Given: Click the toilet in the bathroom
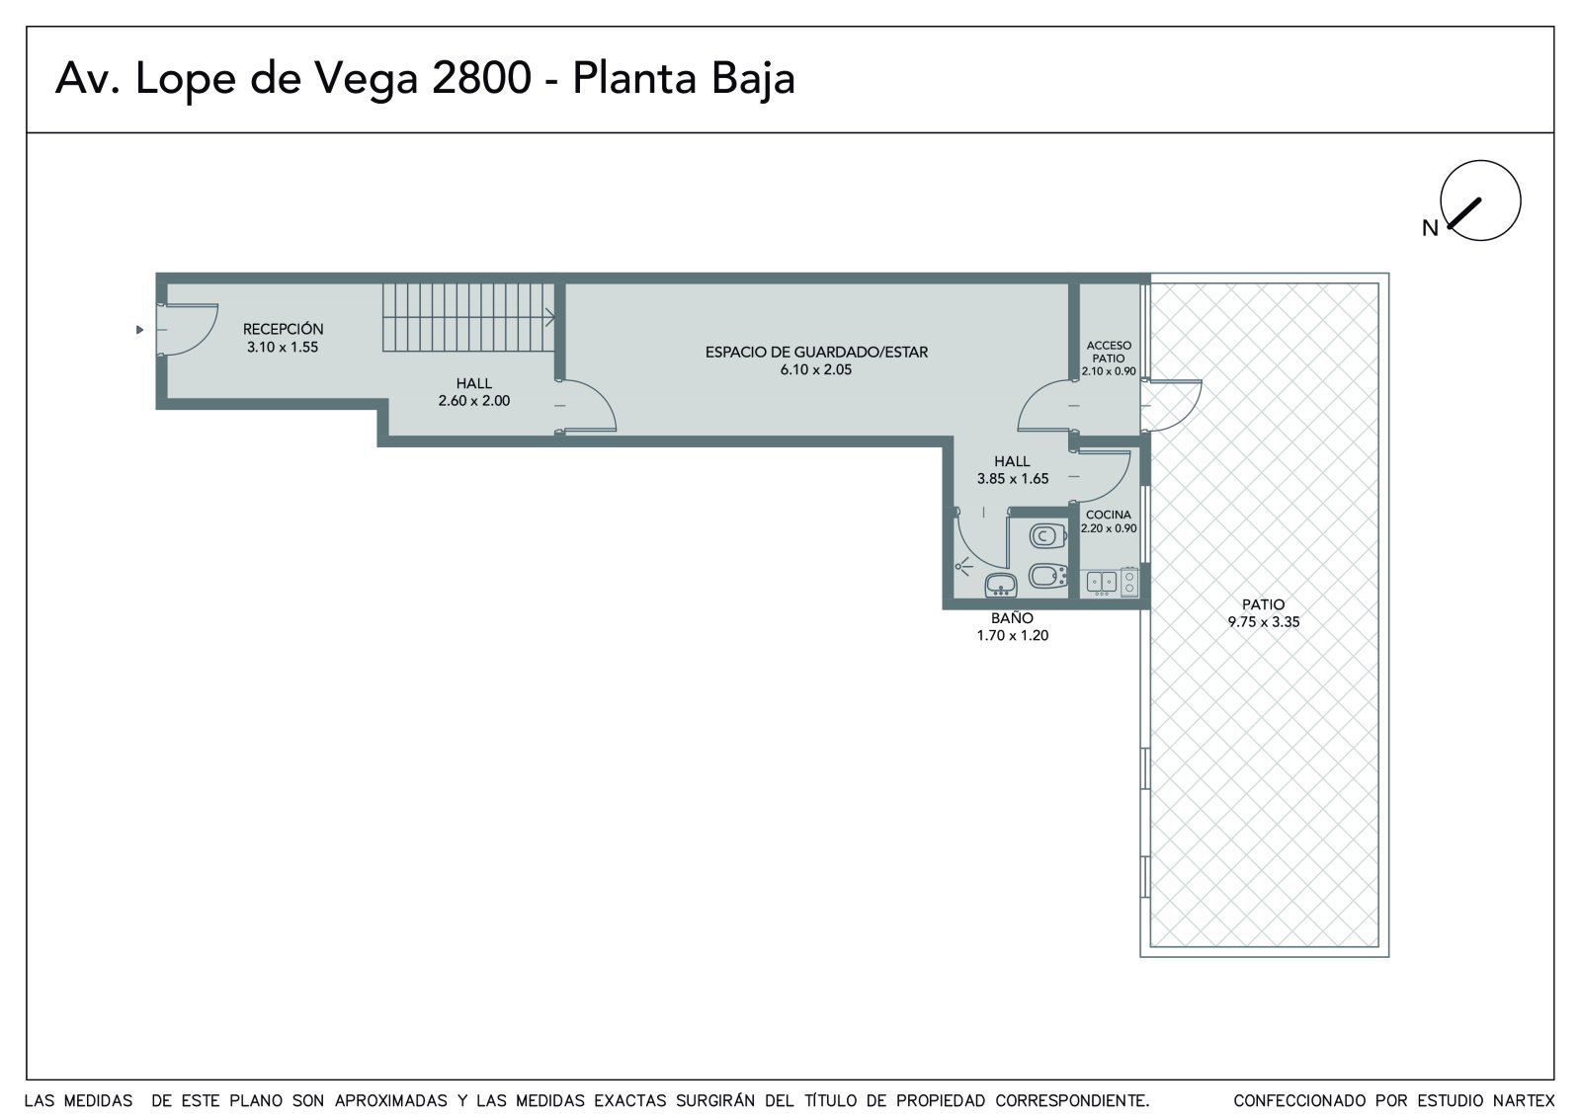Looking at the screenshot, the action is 1046,535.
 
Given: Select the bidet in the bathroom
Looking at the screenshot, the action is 1046,576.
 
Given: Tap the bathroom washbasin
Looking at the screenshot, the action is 1001,585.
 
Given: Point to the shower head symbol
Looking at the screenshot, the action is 962,566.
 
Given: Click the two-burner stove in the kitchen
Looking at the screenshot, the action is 1129,582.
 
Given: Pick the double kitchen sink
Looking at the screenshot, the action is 1101,582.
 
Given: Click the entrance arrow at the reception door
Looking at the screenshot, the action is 139,330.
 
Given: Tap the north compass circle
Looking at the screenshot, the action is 1480,200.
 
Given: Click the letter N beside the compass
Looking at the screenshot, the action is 1430,228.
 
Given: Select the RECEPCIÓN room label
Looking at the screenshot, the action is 283,329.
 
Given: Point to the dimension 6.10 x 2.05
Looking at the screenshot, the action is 816,369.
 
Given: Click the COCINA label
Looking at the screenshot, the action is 1108,516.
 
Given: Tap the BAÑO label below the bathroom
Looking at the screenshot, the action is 1012,618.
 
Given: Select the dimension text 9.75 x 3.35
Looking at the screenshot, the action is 1264,621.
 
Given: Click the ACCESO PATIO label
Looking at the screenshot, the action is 1109,352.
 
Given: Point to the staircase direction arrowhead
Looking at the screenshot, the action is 550,318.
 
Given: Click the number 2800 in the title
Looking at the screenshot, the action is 481,78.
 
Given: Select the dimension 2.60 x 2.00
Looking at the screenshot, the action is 474,401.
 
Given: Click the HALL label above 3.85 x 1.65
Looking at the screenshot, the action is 1012,461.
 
